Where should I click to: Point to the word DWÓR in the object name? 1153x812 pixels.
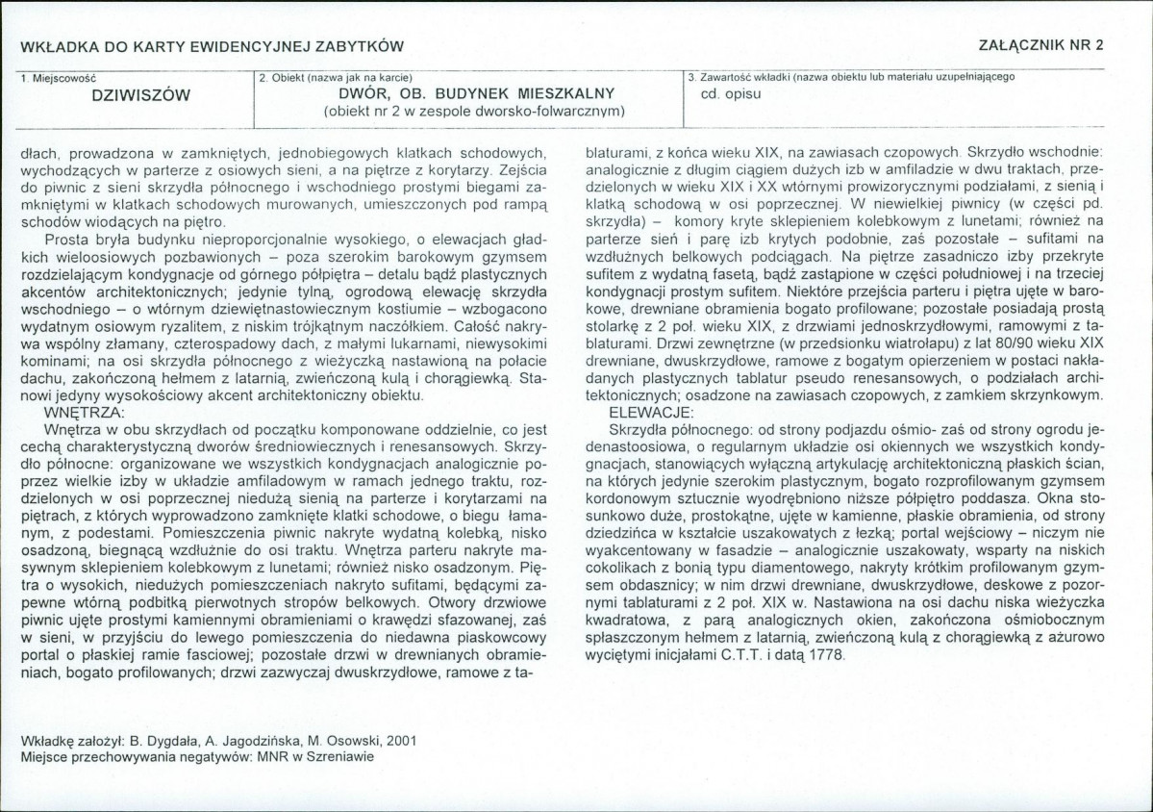point(364,93)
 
